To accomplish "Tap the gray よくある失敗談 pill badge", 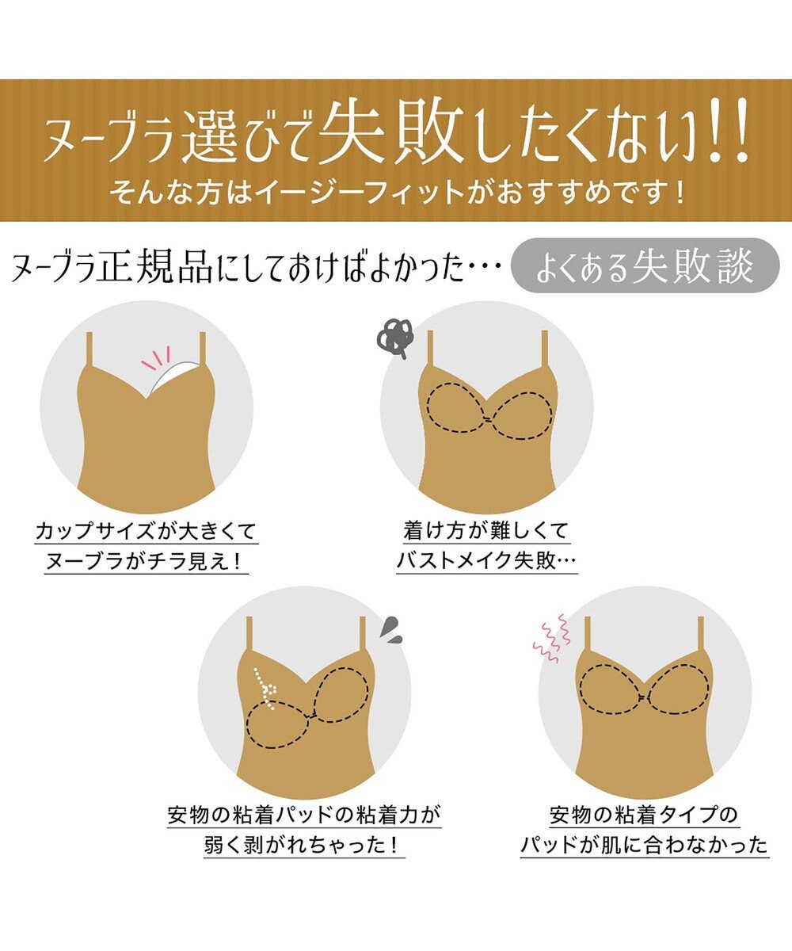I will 644,265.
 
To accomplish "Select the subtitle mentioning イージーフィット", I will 396,193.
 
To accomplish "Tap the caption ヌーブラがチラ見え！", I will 147,562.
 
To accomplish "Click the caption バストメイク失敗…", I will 486,562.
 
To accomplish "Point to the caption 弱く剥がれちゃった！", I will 305,846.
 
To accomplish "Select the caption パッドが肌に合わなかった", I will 644,846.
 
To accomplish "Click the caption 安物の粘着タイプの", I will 644,815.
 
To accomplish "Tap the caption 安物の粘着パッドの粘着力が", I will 305,815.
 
